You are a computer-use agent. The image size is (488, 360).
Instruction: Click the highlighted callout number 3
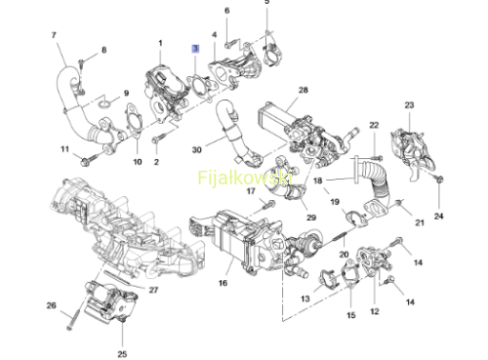coord(195,49)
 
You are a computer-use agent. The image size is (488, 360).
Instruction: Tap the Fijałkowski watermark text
coord(245,178)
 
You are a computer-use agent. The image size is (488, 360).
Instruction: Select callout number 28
coord(304,90)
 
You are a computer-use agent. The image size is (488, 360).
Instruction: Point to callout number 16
coord(223,283)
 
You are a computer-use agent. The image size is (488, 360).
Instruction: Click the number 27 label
coord(153,290)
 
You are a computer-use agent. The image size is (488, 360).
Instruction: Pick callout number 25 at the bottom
coord(122,354)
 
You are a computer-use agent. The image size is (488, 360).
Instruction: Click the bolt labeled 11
coord(89,160)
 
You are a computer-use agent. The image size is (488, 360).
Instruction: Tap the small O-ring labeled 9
coord(104,104)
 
